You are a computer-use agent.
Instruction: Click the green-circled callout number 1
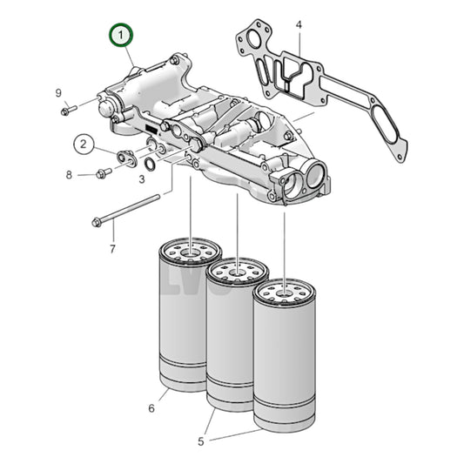[x=121, y=37]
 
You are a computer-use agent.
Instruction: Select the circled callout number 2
[x=84, y=144]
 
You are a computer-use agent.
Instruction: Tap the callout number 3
[x=142, y=179]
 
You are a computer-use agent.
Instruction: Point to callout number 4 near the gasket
[x=299, y=26]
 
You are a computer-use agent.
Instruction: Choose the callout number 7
[x=111, y=250]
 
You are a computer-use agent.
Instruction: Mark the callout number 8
[x=69, y=174]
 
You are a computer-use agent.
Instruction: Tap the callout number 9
[x=58, y=93]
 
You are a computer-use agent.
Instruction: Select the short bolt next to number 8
[x=103, y=173]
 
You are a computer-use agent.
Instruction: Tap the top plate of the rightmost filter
[x=284, y=290]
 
